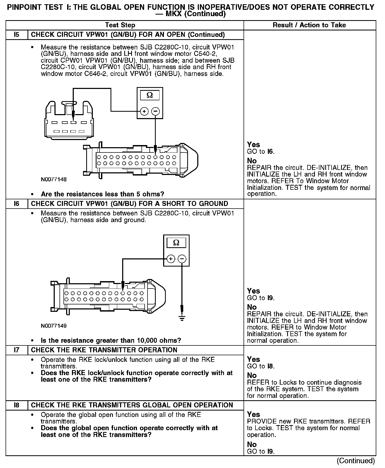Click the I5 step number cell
coord(17,35)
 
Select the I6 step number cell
coord(17,204)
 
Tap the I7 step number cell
coord(17,350)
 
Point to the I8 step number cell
coord(17,405)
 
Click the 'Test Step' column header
coord(120,25)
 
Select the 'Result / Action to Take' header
coord(309,25)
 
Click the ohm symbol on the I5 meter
coord(150,95)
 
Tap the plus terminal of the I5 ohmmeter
coord(144,111)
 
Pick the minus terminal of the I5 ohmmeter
coord(155,111)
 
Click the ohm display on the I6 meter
coord(176,242)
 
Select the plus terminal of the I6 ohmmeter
coord(171,259)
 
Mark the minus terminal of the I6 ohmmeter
coord(182,259)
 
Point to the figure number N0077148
coord(54,179)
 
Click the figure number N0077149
coord(54,326)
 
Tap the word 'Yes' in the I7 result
coord(253,359)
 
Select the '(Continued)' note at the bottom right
coord(356,461)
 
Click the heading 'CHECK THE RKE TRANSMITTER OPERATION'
coord(104,350)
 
